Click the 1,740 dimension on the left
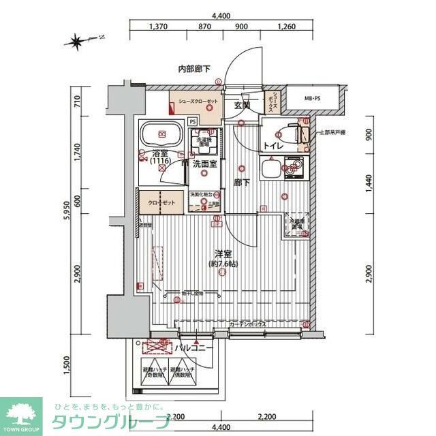point(78,152)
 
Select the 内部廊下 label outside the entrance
point(194,69)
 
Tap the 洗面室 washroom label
point(204,164)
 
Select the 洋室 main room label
point(223,254)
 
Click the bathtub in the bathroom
point(162,134)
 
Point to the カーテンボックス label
point(248,324)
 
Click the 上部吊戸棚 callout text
point(333,131)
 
